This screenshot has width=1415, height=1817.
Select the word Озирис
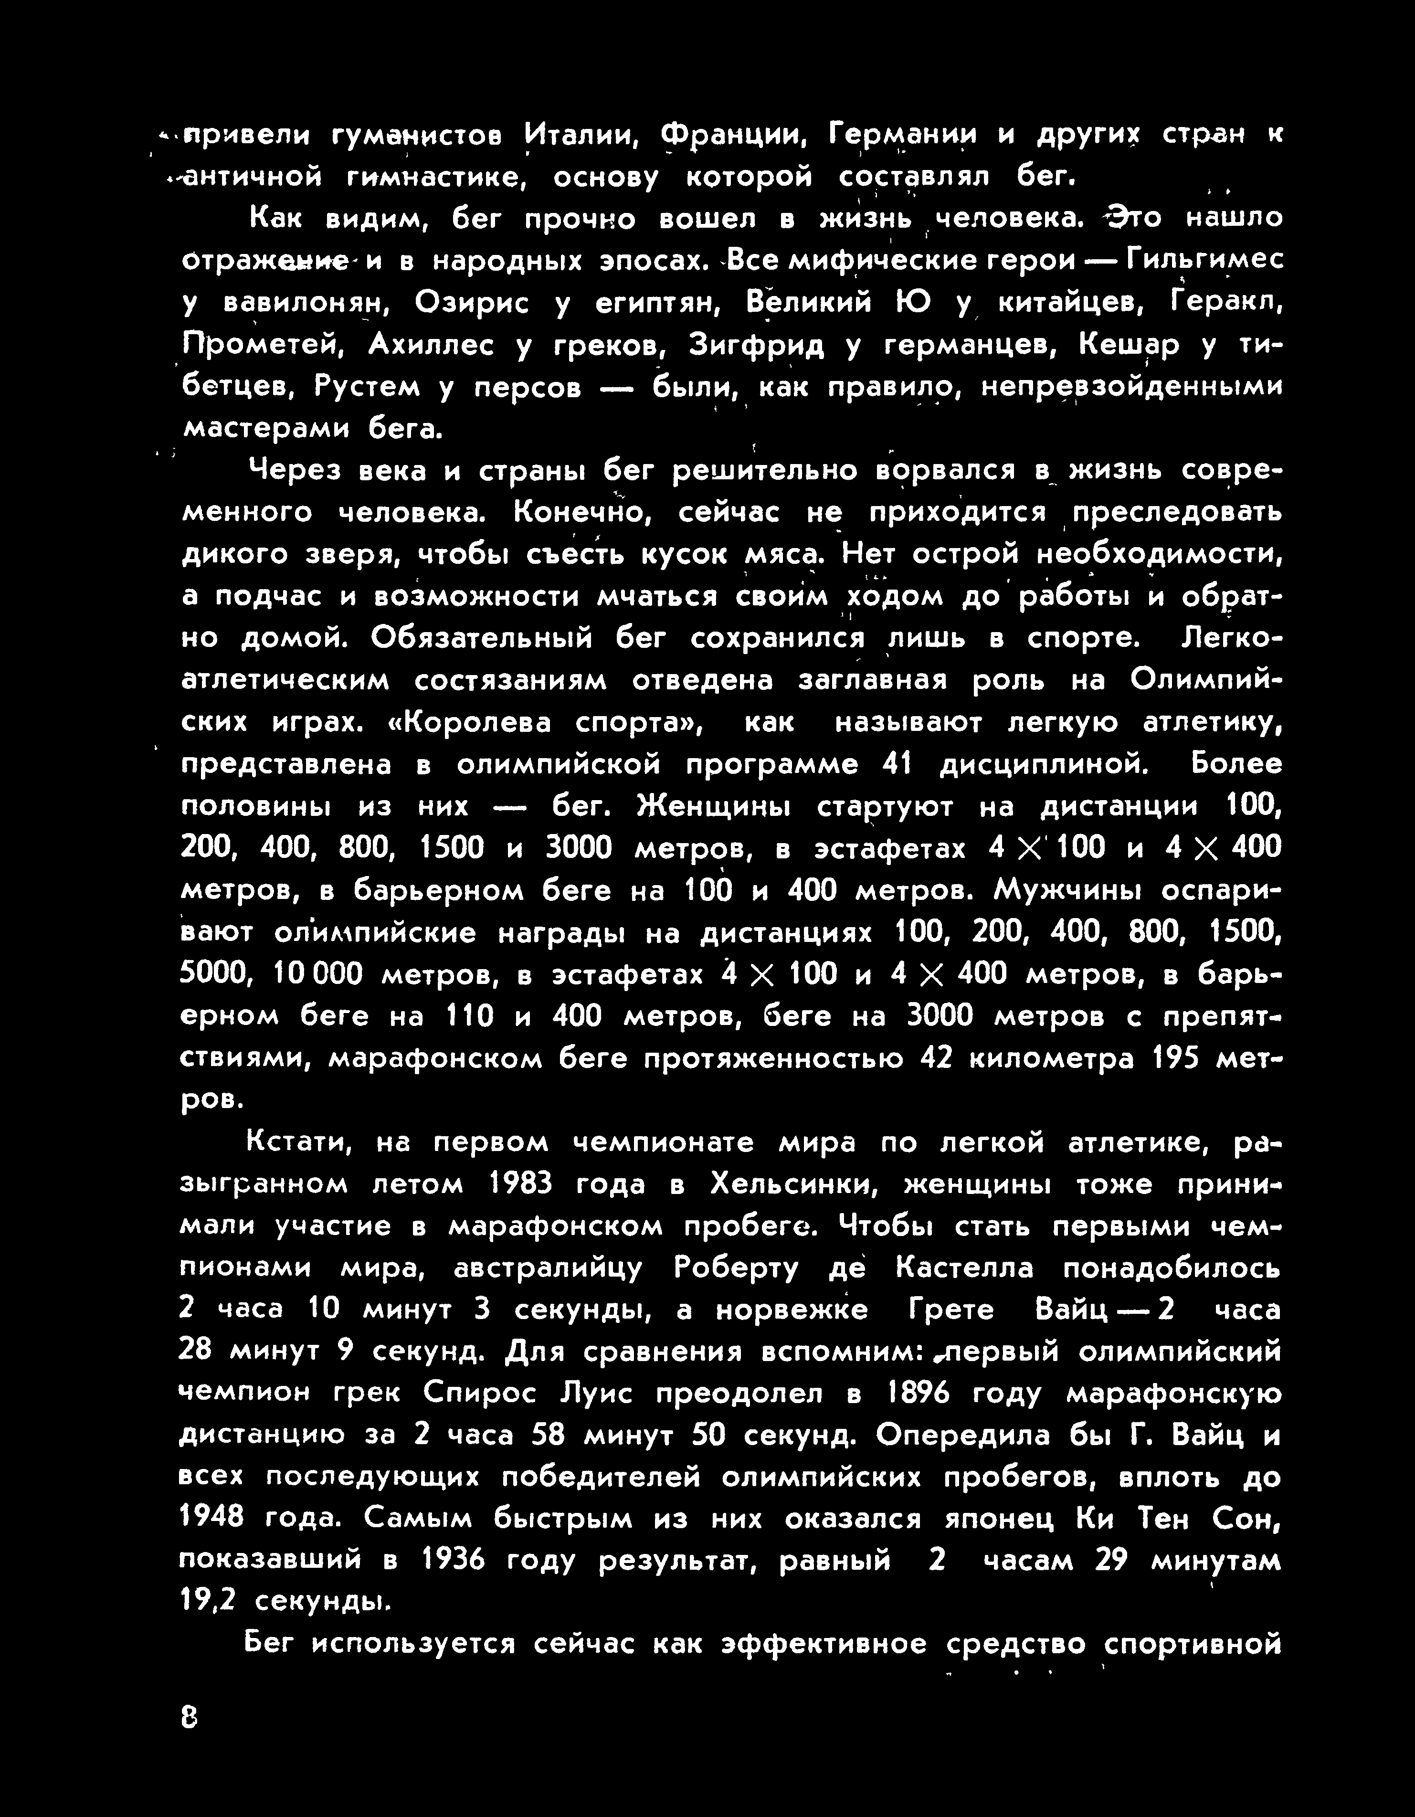[472, 303]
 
